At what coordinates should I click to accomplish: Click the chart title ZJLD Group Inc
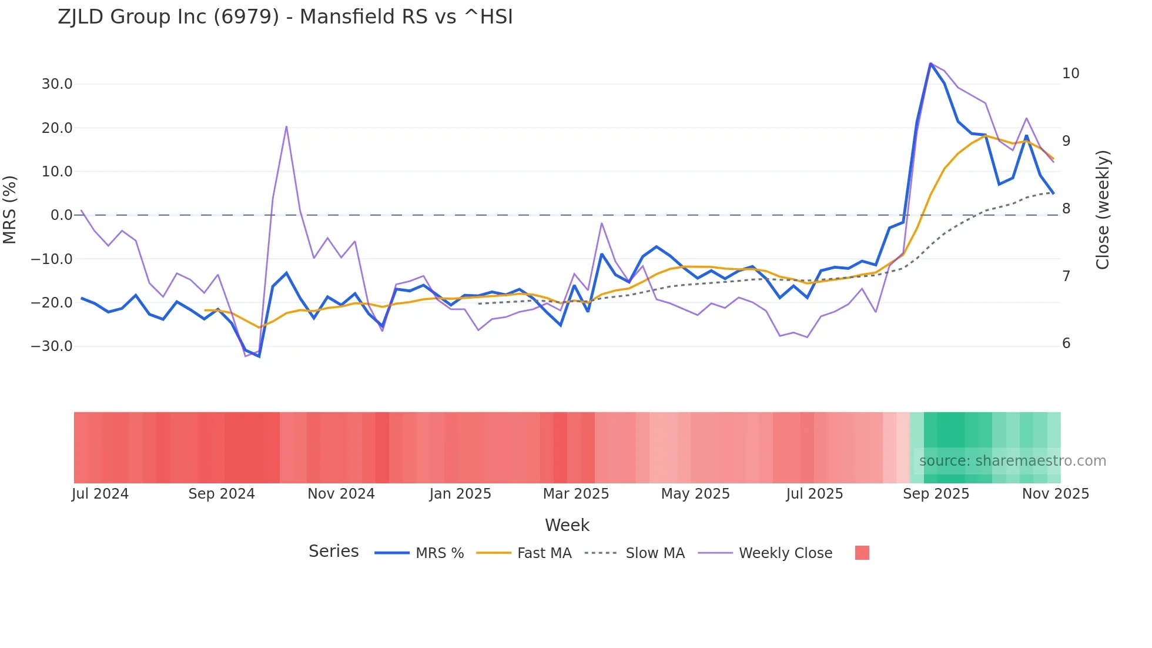[285, 17]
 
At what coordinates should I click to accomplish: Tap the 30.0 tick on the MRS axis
[56, 84]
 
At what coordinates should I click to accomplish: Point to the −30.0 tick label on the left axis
[52, 346]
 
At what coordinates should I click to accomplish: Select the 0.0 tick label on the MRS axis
[61, 215]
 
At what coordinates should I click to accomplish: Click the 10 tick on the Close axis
[1070, 74]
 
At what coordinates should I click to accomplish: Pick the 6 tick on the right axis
[1066, 343]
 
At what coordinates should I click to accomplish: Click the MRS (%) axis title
[10, 209]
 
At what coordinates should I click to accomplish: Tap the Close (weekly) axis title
[1103, 209]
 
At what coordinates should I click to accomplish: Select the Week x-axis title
[567, 525]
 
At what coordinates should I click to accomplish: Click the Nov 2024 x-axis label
[341, 494]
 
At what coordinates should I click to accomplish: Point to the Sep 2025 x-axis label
[936, 494]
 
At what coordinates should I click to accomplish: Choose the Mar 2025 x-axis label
[575, 494]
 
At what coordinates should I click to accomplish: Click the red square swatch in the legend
[862, 553]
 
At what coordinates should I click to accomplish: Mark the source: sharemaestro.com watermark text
[1012, 461]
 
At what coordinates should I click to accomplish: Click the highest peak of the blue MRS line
[930, 64]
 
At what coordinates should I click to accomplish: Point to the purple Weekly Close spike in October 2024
[286, 126]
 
